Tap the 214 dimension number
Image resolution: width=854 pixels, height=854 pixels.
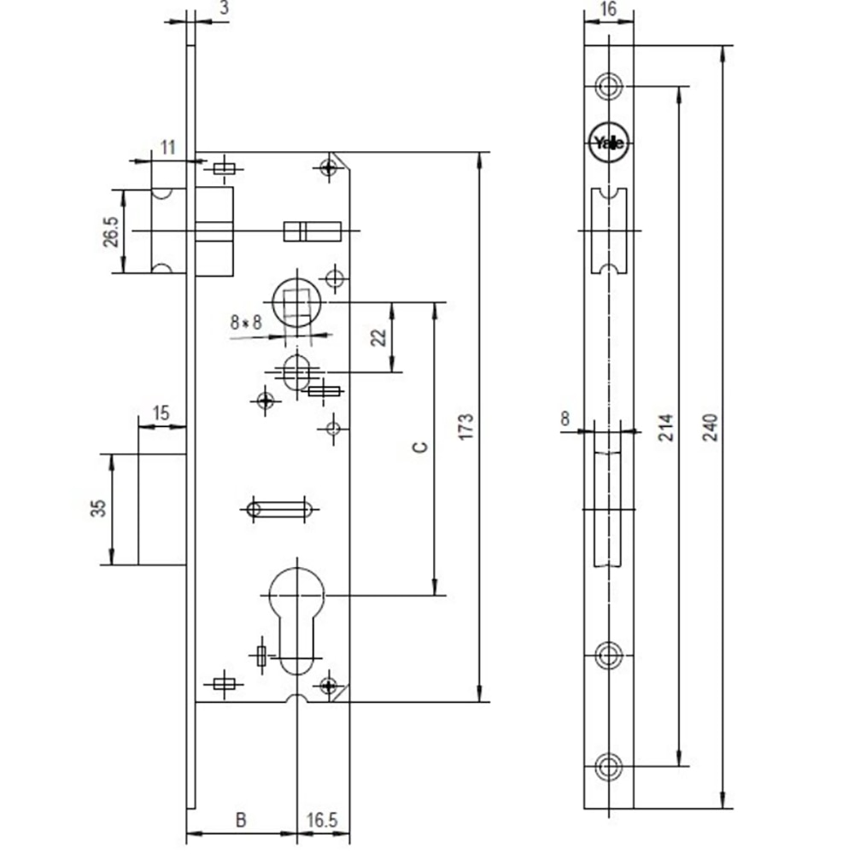[666, 427]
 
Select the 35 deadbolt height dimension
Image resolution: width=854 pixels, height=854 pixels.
[99, 509]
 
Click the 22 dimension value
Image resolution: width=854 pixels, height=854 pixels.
[379, 336]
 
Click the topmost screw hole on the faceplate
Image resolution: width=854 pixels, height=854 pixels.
[608, 85]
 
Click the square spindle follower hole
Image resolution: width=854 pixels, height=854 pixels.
[297, 301]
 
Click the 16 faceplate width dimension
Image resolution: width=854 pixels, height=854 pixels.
[608, 10]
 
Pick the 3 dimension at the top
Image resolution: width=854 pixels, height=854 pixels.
[224, 9]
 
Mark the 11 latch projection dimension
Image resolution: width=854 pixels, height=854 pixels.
[167, 147]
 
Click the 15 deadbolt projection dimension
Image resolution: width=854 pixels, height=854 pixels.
[160, 413]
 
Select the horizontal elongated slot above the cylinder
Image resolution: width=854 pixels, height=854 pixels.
[277, 509]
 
